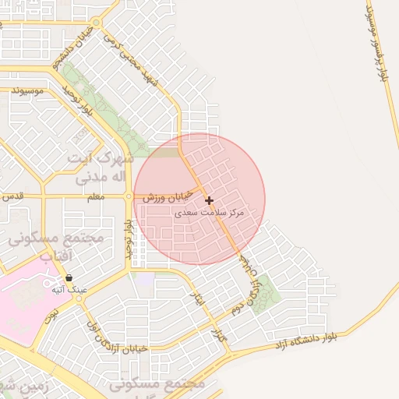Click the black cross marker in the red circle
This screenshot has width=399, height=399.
(209, 201)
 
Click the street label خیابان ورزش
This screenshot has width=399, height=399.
(167, 198)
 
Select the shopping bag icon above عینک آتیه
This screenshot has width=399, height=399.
(69, 277)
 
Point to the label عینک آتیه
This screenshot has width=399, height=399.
(69, 289)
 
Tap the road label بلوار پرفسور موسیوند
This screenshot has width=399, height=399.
(379, 43)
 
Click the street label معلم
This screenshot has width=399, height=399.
(95, 197)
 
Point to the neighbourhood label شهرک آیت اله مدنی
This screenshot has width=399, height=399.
(99, 168)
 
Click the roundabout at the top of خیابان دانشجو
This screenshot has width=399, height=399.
(95, 23)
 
